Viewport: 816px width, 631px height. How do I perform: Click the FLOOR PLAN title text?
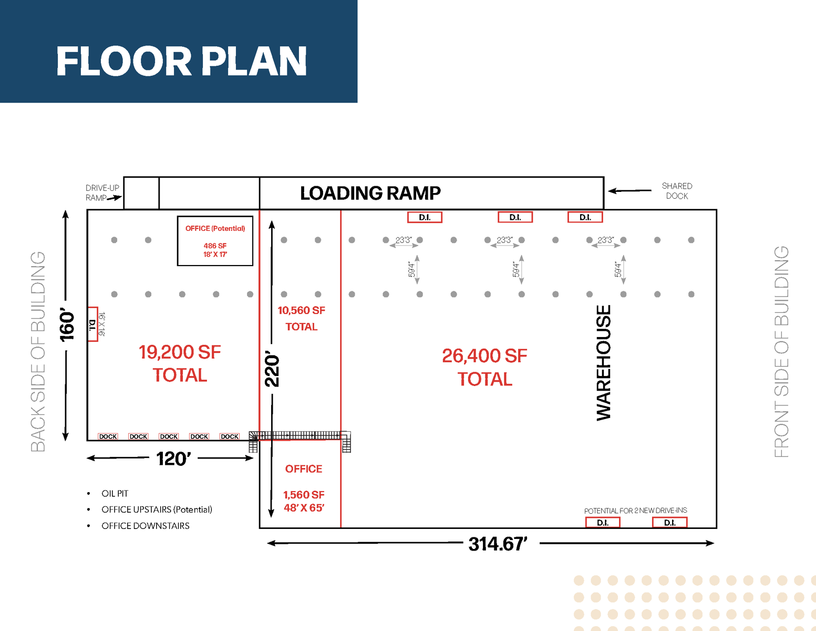point(181,61)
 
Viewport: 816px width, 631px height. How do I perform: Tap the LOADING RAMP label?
point(370,193)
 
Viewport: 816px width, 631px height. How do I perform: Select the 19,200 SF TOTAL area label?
point(180,363)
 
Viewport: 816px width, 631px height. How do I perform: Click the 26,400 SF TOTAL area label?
point(484,367)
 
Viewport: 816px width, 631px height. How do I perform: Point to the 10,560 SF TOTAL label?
point(301,318)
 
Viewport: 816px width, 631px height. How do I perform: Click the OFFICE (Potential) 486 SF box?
point(215,240)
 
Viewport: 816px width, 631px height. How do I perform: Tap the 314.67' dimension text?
point(498,544)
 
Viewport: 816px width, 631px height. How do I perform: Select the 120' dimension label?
point(173,459)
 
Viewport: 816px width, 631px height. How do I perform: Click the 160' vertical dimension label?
point(67,325)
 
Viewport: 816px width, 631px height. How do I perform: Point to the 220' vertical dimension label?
point(272,370)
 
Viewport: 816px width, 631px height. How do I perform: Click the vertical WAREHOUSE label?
point(604,363)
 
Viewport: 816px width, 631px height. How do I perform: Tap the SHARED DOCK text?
point(677,191)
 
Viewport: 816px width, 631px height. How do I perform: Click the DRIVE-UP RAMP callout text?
point(102,192)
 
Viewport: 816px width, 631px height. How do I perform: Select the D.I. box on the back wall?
point(92,324)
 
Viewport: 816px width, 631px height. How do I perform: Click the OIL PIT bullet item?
point(115,493)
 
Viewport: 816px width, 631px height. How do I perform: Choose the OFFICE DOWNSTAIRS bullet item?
point(145,526)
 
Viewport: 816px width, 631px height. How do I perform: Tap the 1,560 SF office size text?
point(304,495)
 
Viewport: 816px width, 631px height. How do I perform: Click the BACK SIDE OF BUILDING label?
point(38,351)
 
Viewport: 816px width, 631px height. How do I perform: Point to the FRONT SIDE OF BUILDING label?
point(781,351)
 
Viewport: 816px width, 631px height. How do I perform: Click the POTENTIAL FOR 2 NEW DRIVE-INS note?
point(635,511)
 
